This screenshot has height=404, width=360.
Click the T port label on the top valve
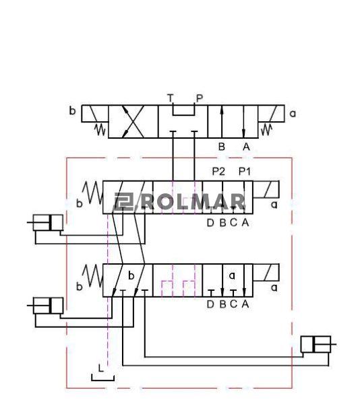170,98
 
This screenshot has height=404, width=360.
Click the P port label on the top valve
200,98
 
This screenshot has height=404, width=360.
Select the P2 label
218,171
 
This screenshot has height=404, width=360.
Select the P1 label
245,171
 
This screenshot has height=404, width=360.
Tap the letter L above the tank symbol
101,368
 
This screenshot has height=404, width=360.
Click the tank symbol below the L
102,380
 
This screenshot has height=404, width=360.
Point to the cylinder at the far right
318,344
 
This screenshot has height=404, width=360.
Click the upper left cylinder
45,222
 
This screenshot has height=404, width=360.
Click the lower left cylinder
45,306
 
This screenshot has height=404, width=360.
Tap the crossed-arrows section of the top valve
133,122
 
